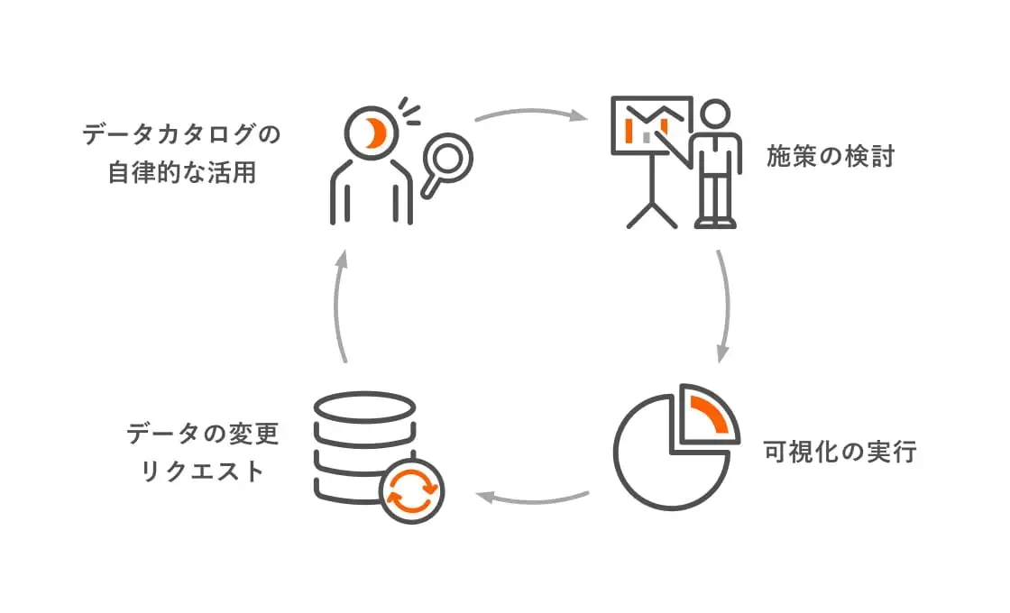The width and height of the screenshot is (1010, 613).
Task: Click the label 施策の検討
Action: (x=830, y=157)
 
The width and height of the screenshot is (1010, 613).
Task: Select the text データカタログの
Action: (x=181, y=136)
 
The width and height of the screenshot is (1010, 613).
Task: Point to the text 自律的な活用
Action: (x=181, y=172)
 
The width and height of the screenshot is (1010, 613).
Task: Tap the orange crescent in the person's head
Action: (x=373, y=133)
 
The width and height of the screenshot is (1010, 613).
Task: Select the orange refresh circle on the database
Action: (x=411, y=490)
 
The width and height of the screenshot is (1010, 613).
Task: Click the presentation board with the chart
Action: (x=651, y=125)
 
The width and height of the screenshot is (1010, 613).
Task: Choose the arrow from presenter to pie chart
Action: (x=724, y=306)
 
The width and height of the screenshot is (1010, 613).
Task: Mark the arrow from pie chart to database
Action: (x=532, y=495)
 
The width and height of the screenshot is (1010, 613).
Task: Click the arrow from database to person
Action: (x=340, y=306)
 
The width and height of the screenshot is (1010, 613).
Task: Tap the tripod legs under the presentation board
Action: (x=651, y=209)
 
